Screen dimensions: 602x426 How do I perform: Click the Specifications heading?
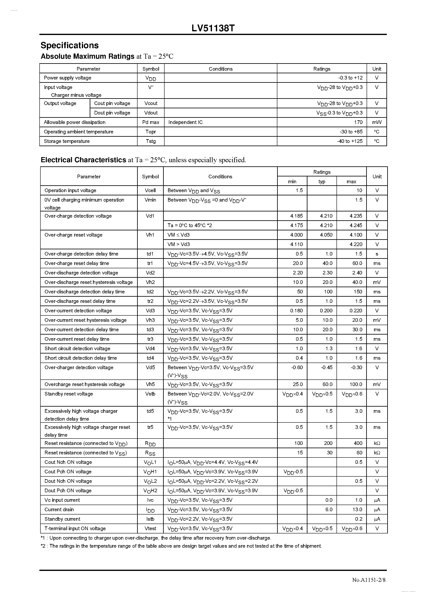point(70,45)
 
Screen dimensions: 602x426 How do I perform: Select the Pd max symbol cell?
point(151,122)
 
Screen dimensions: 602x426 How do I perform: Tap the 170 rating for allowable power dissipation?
point(358,122)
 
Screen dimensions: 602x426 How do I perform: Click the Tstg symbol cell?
point(151,141)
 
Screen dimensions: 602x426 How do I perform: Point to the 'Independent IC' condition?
point(185,122)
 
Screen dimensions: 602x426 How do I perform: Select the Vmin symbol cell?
point(150,200)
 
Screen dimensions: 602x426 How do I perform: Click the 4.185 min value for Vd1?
point(296,216)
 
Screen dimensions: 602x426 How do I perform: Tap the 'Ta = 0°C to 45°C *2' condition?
point(190,225)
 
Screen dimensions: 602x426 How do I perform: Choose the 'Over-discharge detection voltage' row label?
point(81,273)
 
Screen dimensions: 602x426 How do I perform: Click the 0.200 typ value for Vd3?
point(326,310)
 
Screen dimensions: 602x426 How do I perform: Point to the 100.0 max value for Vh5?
point(356,384)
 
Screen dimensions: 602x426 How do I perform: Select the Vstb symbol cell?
point(150,394)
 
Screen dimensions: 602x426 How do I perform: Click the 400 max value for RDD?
point(358,443)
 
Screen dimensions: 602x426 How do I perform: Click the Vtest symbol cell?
point(150,528)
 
